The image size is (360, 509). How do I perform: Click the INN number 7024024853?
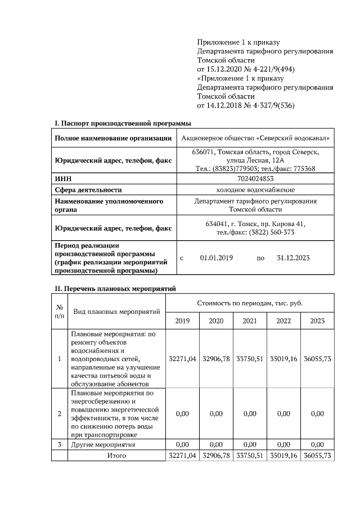click(x=255, y=178)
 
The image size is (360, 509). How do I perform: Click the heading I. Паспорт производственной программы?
click(x=123, y=123)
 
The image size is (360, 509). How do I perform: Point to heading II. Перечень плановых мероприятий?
click(x=115, y=289)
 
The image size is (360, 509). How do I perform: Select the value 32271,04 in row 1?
click(x=182, y=358)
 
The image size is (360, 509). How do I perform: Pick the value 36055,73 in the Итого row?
click(x=317, y=455)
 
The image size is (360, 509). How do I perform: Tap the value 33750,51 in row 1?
click(x=250, y=358)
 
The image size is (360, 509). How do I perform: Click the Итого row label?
click(x=116, y=455)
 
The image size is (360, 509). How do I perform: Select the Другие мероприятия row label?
click(x=103, y=444)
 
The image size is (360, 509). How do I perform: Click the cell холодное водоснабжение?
click(x=255, y=190)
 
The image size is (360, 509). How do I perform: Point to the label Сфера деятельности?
click(x=88, y=190)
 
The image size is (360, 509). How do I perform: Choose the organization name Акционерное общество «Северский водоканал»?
click(x=255, y=138)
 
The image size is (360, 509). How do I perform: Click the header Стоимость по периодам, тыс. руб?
click(x=250, y=303)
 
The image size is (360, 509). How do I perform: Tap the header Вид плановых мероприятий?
click(x=116, y=311)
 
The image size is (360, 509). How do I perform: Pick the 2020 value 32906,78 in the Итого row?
click(x=216, y=455)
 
